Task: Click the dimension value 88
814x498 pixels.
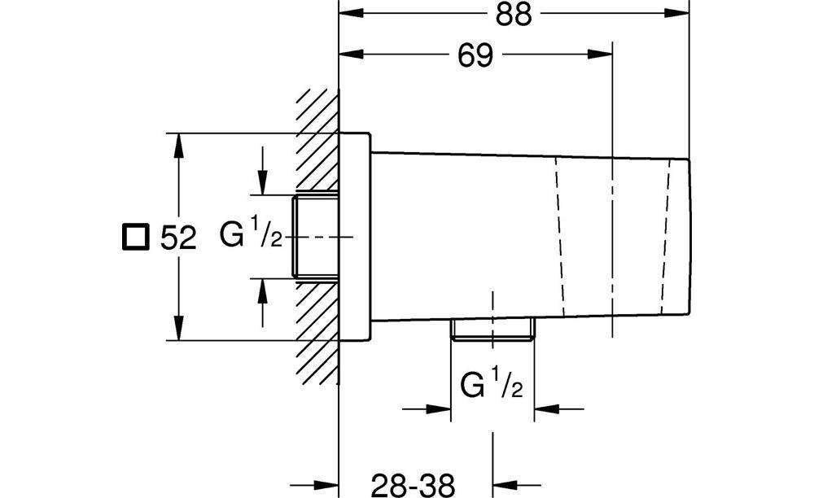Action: [514, 15]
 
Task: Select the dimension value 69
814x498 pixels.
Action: [475, 55]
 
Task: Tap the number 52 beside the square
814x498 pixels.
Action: [178, 238]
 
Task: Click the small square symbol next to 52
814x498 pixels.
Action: [136, 237]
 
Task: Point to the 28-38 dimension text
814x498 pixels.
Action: [413, 486]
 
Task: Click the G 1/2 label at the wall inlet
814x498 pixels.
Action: [251, 233]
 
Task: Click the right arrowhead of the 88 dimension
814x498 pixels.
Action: [677, 13]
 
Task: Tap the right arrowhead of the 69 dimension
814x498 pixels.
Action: [601, 55]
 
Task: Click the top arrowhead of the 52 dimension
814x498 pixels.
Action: [178, 145]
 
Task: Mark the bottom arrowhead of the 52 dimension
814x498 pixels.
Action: [178, 329]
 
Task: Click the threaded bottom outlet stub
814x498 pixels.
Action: [492, 330]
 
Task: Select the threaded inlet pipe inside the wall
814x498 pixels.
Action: [315, 236]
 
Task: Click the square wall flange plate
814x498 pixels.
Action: [355, 237]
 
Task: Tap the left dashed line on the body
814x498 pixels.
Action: [559, 236]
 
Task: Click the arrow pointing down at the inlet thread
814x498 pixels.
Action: [263, 182]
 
